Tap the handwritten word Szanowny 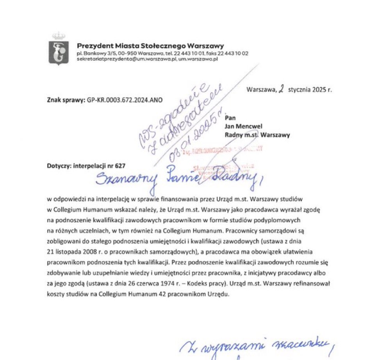click(125, 180)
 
